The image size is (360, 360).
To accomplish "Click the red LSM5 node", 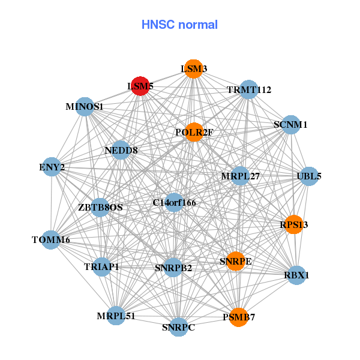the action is coord(140,86).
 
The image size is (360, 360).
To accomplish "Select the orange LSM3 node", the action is coord(193,69).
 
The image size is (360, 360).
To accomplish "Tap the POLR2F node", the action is coord(194,132).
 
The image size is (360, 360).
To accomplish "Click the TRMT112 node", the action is coord(248,90).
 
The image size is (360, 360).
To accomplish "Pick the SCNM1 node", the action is coord(290,125).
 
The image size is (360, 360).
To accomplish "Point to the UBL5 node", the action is coord(309,176).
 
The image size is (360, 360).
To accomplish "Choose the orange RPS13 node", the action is coord(294,225).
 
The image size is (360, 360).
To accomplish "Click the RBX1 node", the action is coord(296,275).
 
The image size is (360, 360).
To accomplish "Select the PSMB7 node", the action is coord(239,317).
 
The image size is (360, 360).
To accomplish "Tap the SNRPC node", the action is coord(178,327).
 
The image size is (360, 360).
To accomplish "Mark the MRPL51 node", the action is coord(116,316).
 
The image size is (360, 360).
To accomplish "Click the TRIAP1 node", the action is coord(101,266).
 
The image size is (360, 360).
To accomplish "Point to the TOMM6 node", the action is coord(51,240).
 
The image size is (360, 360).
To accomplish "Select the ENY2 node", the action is coord(52,167).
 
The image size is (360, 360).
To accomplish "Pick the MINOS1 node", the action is coord(85,107).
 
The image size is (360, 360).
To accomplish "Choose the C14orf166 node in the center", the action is coord(174,203).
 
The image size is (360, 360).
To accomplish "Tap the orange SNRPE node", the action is coord(236,261).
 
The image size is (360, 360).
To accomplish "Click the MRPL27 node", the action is coord(241,176).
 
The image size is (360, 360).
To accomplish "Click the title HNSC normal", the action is coord(179,25).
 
